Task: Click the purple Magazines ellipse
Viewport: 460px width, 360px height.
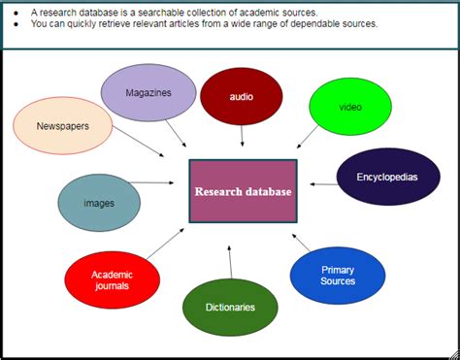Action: point(148,93)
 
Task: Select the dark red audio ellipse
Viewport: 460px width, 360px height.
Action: point(242,96)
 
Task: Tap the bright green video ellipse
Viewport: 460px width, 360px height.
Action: point(350,106)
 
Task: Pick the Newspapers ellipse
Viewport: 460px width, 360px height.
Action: point(63,126)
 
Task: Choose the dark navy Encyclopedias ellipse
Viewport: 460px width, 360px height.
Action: point(385,177)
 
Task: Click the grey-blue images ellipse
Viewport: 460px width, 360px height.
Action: point(99,203)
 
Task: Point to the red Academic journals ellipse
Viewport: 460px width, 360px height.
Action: point(112,280)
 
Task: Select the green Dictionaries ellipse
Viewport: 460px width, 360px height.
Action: point(230,307)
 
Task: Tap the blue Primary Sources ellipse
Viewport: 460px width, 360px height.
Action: point(338,275)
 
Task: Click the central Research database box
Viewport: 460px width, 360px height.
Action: point(243,191)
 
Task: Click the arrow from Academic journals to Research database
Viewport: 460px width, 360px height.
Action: point(165,244)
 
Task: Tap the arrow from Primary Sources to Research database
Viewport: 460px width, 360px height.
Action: point(304,242)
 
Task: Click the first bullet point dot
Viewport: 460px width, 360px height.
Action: point(17,12)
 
